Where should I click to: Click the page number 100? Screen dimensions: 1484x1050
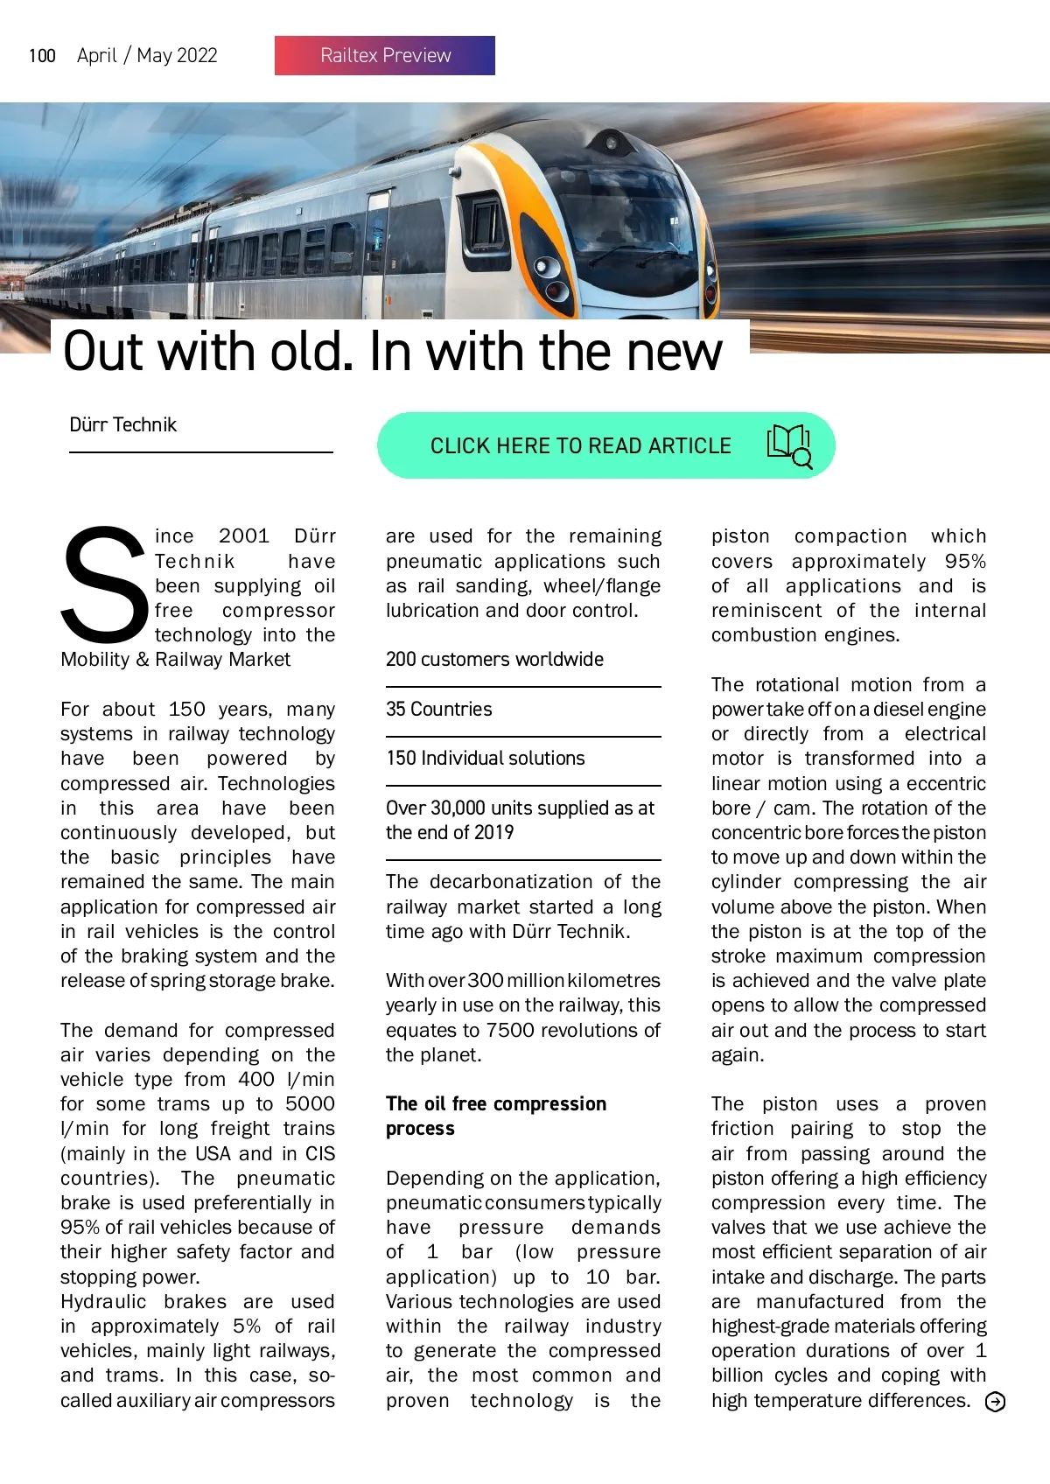[x=42, y=56]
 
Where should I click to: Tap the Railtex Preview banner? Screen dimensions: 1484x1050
[x=385, y=55]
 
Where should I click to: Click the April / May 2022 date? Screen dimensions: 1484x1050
[x=147, y=56]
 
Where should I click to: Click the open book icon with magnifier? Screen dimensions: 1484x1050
[x=789, y=444]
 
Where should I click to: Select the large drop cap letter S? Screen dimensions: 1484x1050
[x=104, y=584]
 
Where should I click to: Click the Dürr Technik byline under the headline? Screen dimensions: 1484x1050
[x=122, y=425]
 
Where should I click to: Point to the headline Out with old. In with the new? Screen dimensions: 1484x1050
[x=393, y=352]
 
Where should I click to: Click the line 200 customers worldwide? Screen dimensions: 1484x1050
[x=494, y=660]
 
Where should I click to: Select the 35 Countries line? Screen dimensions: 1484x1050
[x=439, y=709]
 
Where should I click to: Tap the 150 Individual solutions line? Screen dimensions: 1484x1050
[x=486, y=759]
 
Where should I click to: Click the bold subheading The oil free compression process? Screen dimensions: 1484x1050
[x=496, y=1116]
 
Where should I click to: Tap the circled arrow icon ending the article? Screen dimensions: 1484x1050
[x=995, y=1402]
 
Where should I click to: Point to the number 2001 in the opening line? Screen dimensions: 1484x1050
[x=244, y=535]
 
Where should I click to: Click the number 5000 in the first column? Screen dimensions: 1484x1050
[x=310, y=1104]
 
